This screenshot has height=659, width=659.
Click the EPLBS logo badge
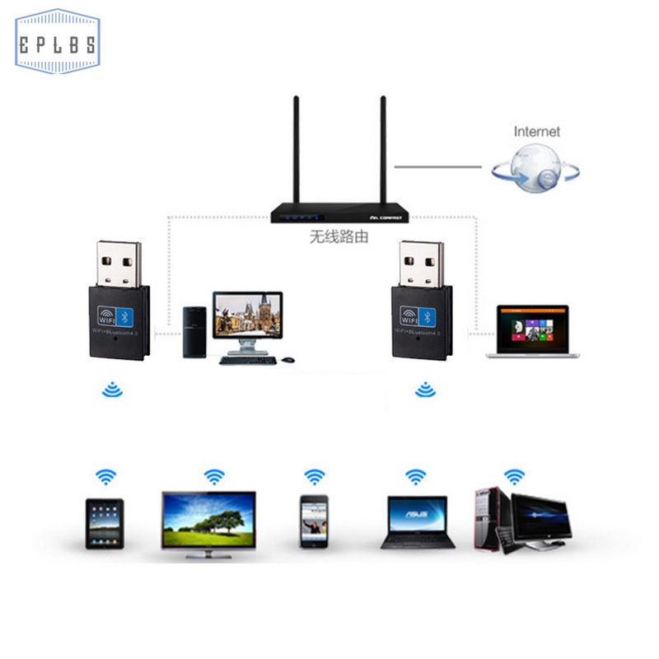click(x=57, y=42)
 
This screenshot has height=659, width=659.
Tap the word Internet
click(x=536, y=131)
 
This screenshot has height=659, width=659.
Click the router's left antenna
click(x=297, y=152)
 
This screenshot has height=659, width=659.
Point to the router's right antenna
click(x=382, y=152)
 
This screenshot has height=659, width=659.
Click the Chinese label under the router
click(x=339, y=236)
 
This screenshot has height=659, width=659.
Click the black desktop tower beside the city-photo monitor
click(x=194, y=333)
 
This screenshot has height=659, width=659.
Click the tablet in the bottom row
click(x=105, y=524)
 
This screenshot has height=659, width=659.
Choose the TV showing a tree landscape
click(x=208, y=521)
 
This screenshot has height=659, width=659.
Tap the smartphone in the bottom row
click(x=314, y=521)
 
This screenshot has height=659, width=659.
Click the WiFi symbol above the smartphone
click(x=315, y=476)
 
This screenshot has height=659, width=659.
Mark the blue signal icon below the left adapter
click(x=112, y=390)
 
